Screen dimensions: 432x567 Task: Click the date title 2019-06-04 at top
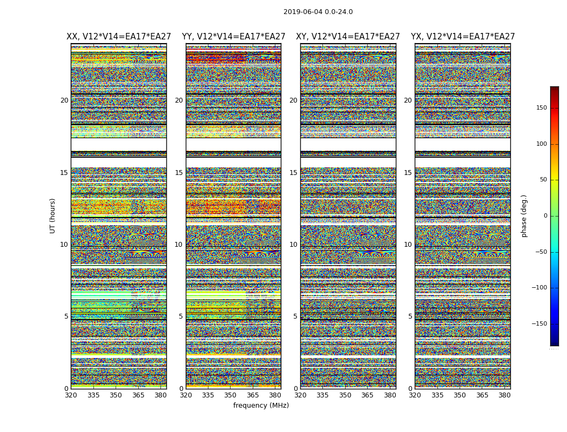[x=318, y=12]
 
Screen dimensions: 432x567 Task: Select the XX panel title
[x=119, y=37]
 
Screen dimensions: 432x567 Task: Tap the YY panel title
[x=233, y=37]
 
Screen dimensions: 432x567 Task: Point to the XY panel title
[x=348, y=37]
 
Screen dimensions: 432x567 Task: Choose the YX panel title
[x=463, y=37]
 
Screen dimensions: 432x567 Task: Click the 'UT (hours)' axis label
[x=53, y=215]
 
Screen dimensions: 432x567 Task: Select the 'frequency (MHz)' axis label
[x=261, y=406]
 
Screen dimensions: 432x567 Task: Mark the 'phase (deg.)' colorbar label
[x=524, y=215]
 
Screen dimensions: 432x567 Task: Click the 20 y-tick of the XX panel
[x=64, y=100]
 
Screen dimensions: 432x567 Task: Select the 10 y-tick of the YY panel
[x=179, y=245]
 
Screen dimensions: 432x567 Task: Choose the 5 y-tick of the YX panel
[x=410, y=316]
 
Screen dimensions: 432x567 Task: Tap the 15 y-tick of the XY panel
[x=293, y=173]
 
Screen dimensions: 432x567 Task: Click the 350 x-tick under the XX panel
[x=116, y=395]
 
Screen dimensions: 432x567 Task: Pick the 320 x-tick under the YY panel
[x=186, y=395]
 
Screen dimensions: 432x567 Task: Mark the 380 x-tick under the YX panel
[x=504, y=395]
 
